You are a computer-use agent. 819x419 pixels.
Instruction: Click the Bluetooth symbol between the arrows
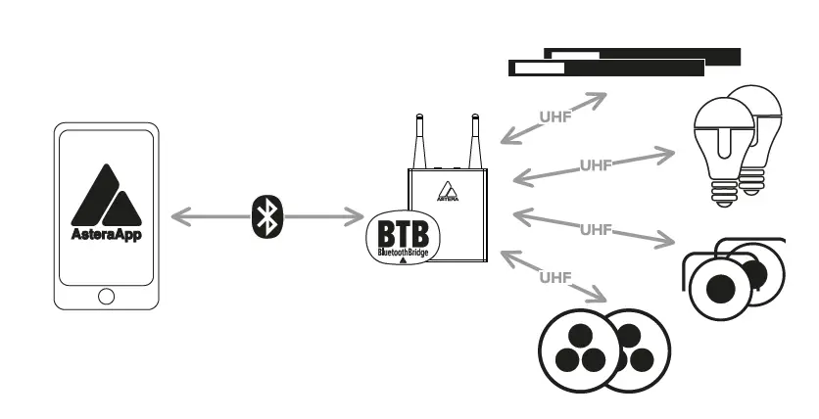pyautogui.click(x=265, y=217)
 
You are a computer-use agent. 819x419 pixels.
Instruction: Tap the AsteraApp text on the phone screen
pyautogui.click(x=106, y=235)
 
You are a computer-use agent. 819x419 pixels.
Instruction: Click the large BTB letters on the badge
pyautogui.click(x=404, y=236)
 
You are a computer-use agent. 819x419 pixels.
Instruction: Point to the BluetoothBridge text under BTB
pyautogui.click(x=404, y=253)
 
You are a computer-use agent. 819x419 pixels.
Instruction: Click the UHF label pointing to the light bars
pyautogui.click(x=555, y=116)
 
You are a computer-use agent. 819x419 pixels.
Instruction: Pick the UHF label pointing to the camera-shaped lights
pyautogui.click(x=596, y=229)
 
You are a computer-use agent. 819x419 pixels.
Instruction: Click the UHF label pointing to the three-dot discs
pyautogui.click(x=554, y=278)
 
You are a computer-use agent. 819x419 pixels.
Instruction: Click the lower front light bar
pyautogui.click(x=607, y=69)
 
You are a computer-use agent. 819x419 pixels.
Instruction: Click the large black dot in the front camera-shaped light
pyautogui.click(x=722, y=288)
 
